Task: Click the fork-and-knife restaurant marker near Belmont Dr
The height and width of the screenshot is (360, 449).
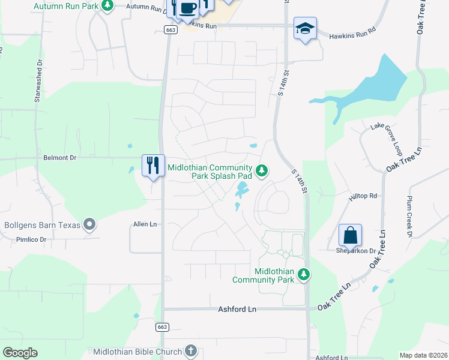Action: [153, 164]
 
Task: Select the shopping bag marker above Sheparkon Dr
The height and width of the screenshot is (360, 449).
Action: [350, 235]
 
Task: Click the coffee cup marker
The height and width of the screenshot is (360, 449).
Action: [187, 8]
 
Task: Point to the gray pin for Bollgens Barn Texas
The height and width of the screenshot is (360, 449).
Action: [90, 225]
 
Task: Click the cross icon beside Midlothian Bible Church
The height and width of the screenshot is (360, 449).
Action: [190, 350]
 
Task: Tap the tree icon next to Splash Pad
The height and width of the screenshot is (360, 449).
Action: [261, 171]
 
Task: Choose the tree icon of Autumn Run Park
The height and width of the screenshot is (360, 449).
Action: [107, 6]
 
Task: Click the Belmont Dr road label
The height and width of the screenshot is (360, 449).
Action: [60, 158]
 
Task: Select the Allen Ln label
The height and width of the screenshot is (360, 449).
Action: [145, 224]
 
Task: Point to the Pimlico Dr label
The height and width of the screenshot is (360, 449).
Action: [31, 239]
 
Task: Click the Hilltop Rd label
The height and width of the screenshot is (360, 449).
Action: [364, 196]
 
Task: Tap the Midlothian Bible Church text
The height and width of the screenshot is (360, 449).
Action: [138, 350]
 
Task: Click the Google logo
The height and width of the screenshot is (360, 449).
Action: [20, 352]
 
